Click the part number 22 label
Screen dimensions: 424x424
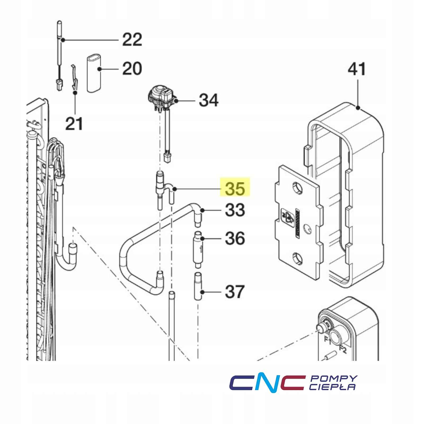click(x=132, y=40)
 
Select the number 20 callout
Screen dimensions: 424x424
click(x=132, y=68)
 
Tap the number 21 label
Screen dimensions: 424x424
click(x=74, y=124)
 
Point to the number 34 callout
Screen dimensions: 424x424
click(x=209, y=100)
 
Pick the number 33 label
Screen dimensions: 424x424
click(x=235, y=210)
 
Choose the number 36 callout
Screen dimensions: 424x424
click(x=235, y=238)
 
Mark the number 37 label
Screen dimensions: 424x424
click(x=235, y=292)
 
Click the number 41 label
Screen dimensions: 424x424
click(x=357, y=69)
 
